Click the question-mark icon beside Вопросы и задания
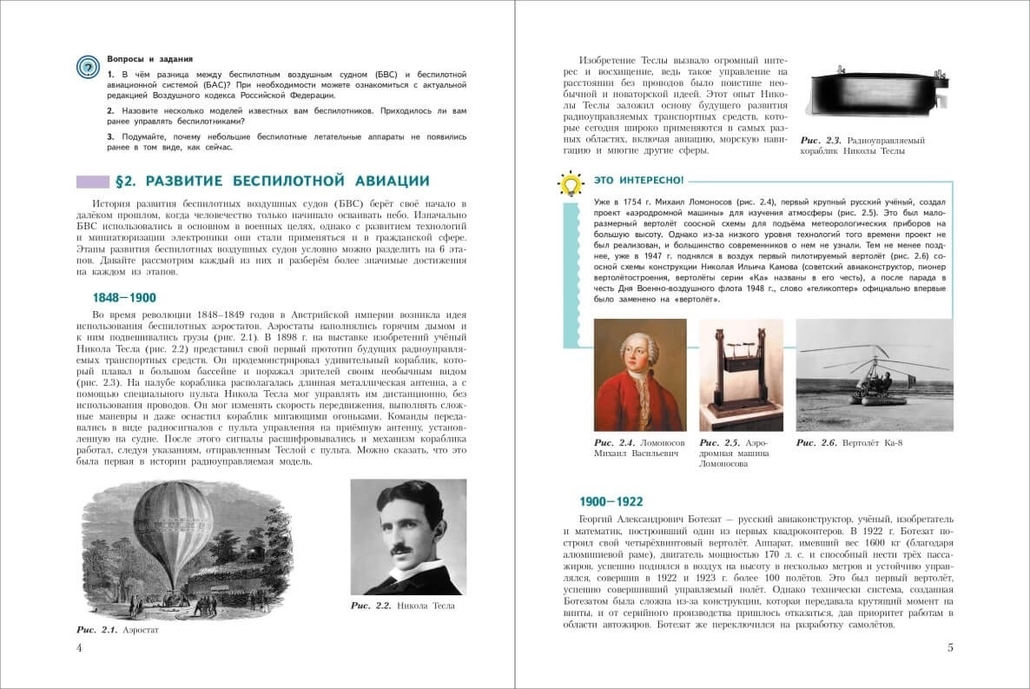point(88,66)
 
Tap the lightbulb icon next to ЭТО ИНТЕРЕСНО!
point(570,183)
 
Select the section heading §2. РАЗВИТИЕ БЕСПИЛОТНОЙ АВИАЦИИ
point(272,182)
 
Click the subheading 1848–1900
point(124,297)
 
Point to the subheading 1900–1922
point(611,501)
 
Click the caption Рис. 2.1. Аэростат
point(117,629)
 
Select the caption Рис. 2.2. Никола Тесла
point(402,605)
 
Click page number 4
point(79,647)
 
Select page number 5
point(950,647)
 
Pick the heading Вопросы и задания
point(149,58)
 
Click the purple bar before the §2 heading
point(92,182)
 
